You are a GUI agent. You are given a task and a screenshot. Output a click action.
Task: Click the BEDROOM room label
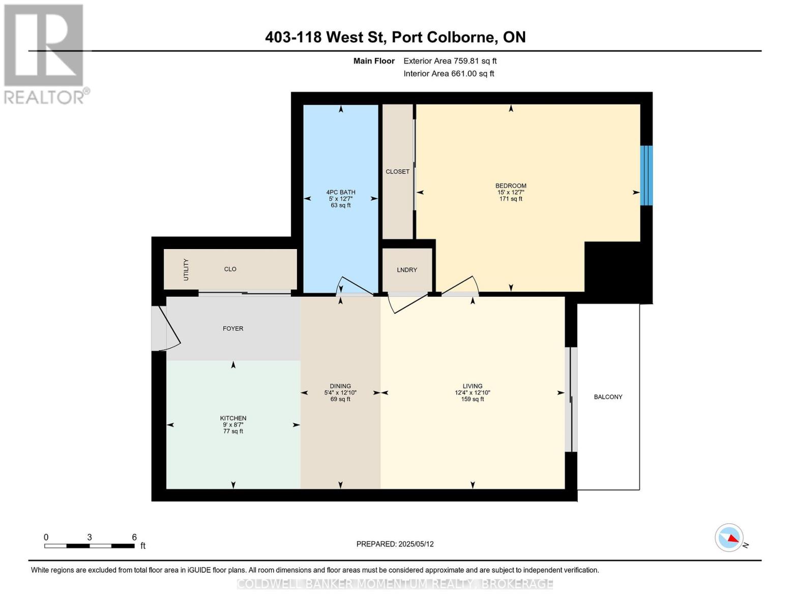[x=511, y=186]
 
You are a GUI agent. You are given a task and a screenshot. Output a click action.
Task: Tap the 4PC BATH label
[x=340, y=192]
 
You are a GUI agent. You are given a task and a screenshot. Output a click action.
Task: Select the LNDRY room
[x=407, y=270]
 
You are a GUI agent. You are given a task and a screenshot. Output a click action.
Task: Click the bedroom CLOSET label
[x=397, y=172]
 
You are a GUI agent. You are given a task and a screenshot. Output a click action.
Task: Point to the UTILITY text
[x=186, y=269]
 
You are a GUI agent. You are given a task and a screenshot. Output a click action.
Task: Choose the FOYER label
[x=233, y=328]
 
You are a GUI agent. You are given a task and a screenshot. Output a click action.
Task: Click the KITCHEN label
[x=233, y=418]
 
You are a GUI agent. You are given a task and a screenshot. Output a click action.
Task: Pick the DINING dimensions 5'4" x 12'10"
[x=340, y=393]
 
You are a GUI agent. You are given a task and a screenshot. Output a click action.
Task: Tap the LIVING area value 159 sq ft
[x=472, y=400]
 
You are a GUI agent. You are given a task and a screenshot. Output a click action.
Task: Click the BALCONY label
[x=608, y=397]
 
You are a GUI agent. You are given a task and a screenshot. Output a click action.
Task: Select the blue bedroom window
[x=646, y=175]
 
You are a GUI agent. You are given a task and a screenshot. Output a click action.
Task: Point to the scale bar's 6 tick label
[x=134, y=537]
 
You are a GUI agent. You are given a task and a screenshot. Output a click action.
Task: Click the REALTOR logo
[x=45, y=53]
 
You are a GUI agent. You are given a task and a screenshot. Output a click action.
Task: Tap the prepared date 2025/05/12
[x=416, y=544]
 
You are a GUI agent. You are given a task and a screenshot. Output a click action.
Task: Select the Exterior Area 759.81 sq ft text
[x=450, y=61]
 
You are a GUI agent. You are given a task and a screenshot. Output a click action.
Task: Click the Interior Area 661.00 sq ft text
[x=449, y=74]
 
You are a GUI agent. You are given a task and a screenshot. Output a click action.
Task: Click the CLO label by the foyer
[x=230, y=269]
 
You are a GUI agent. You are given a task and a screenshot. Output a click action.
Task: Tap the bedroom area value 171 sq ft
[x=511, y=199]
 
